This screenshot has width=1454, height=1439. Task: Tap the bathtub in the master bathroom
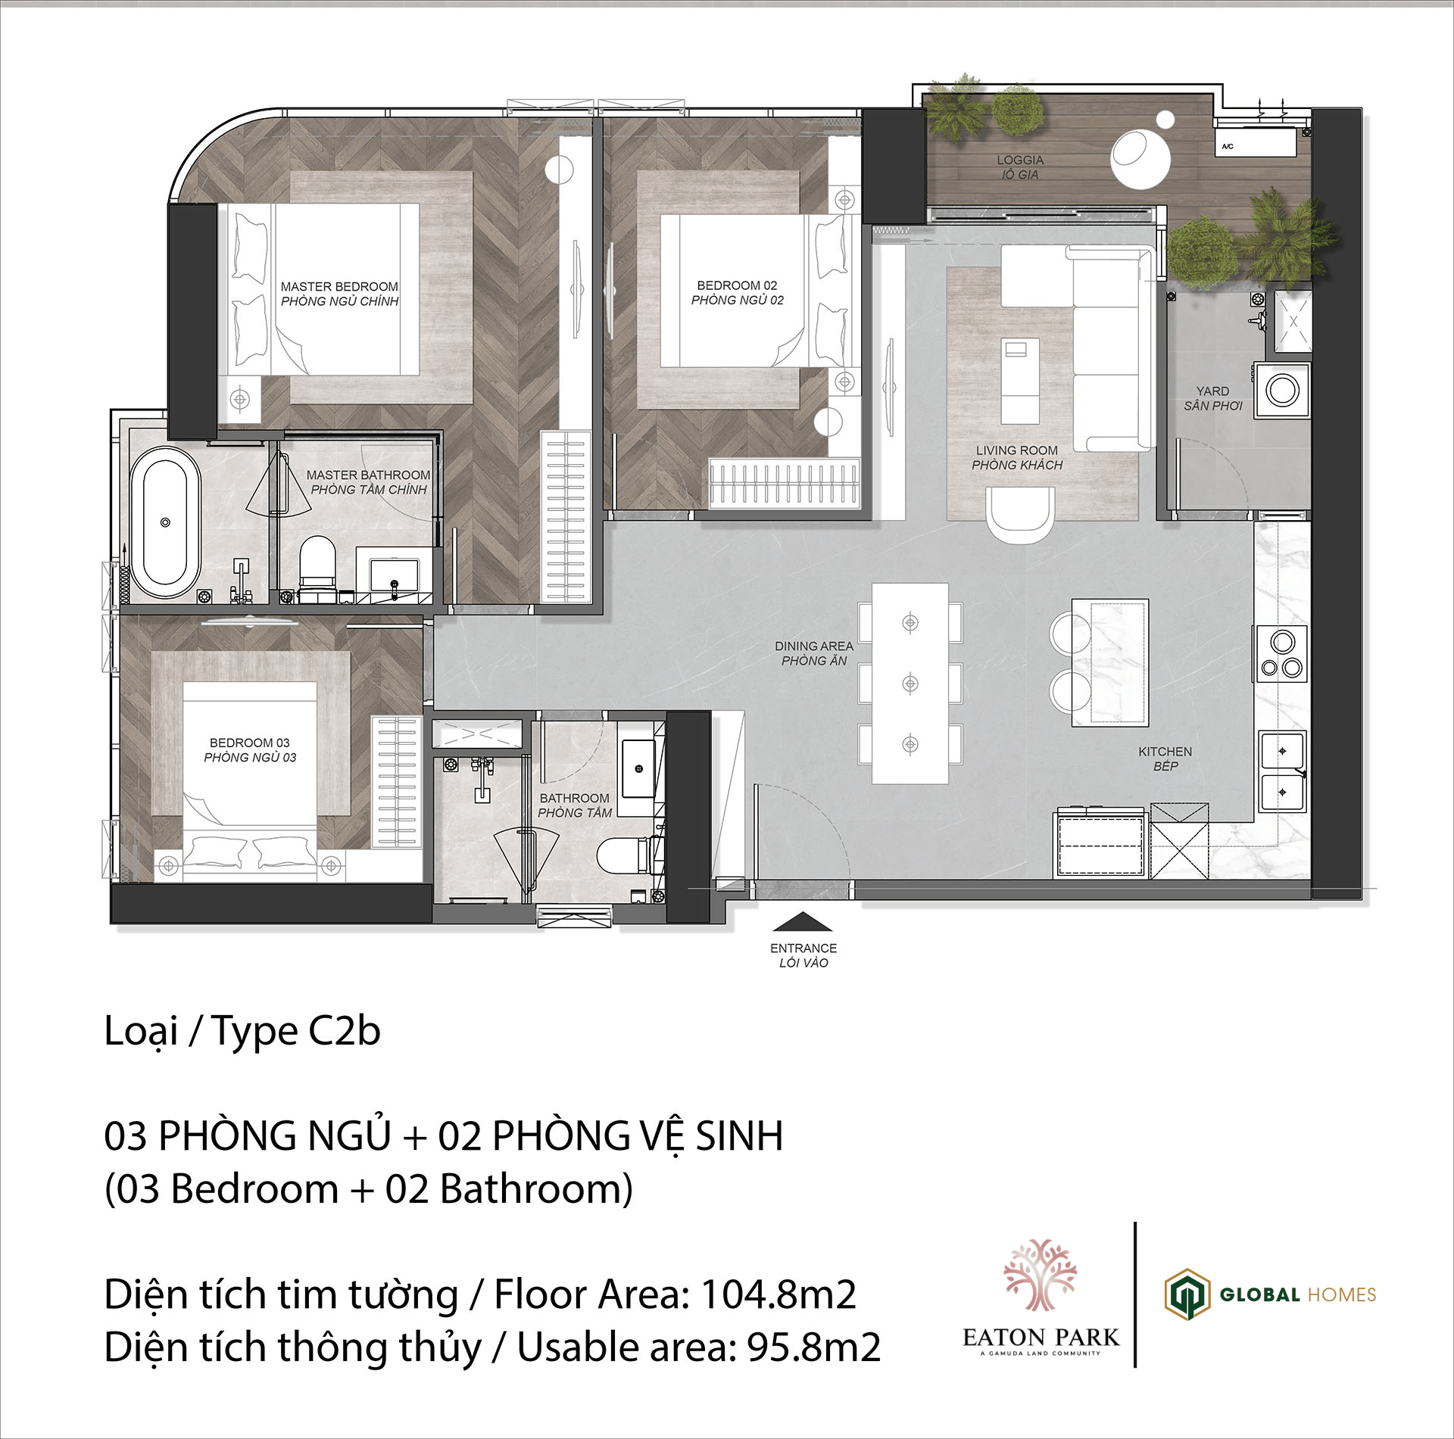tap(165, 522)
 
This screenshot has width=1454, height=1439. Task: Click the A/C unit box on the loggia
tap(1255, 142)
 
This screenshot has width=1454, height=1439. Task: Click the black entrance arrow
tap(803, 921)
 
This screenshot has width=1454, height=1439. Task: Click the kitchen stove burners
tap(1282, 654)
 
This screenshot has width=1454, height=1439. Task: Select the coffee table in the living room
tap(1020, 381)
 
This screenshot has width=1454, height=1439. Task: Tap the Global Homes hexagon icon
tap(1187, 1294)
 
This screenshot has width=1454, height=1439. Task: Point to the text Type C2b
tap(296, 1031)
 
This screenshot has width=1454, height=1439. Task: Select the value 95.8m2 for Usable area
tap(814, 1347)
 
